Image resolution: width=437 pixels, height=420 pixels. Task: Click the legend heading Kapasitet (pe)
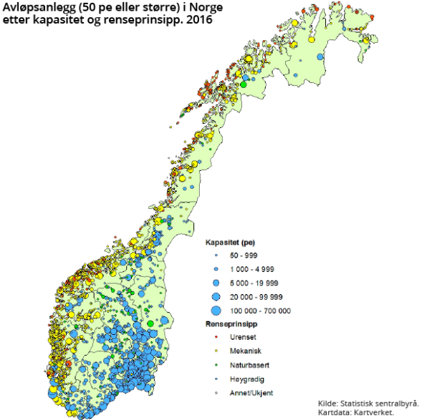click(231, 243)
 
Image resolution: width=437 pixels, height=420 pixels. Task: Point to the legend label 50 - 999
click(241, 255)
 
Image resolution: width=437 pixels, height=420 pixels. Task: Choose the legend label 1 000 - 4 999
click(251, 269)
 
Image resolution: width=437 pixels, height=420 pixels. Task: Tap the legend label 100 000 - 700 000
click(259, 311)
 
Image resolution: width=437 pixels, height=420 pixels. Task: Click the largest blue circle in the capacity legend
click(215, 311)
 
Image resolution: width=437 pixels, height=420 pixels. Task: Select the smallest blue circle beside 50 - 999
click(215, 255)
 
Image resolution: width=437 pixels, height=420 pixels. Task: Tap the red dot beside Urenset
click(215, 338)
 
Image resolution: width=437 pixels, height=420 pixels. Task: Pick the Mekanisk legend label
click(244, 351)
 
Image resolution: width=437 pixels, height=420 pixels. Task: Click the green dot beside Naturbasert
click(215, 365)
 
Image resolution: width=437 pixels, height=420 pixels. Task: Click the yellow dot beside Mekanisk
click(215, 351)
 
